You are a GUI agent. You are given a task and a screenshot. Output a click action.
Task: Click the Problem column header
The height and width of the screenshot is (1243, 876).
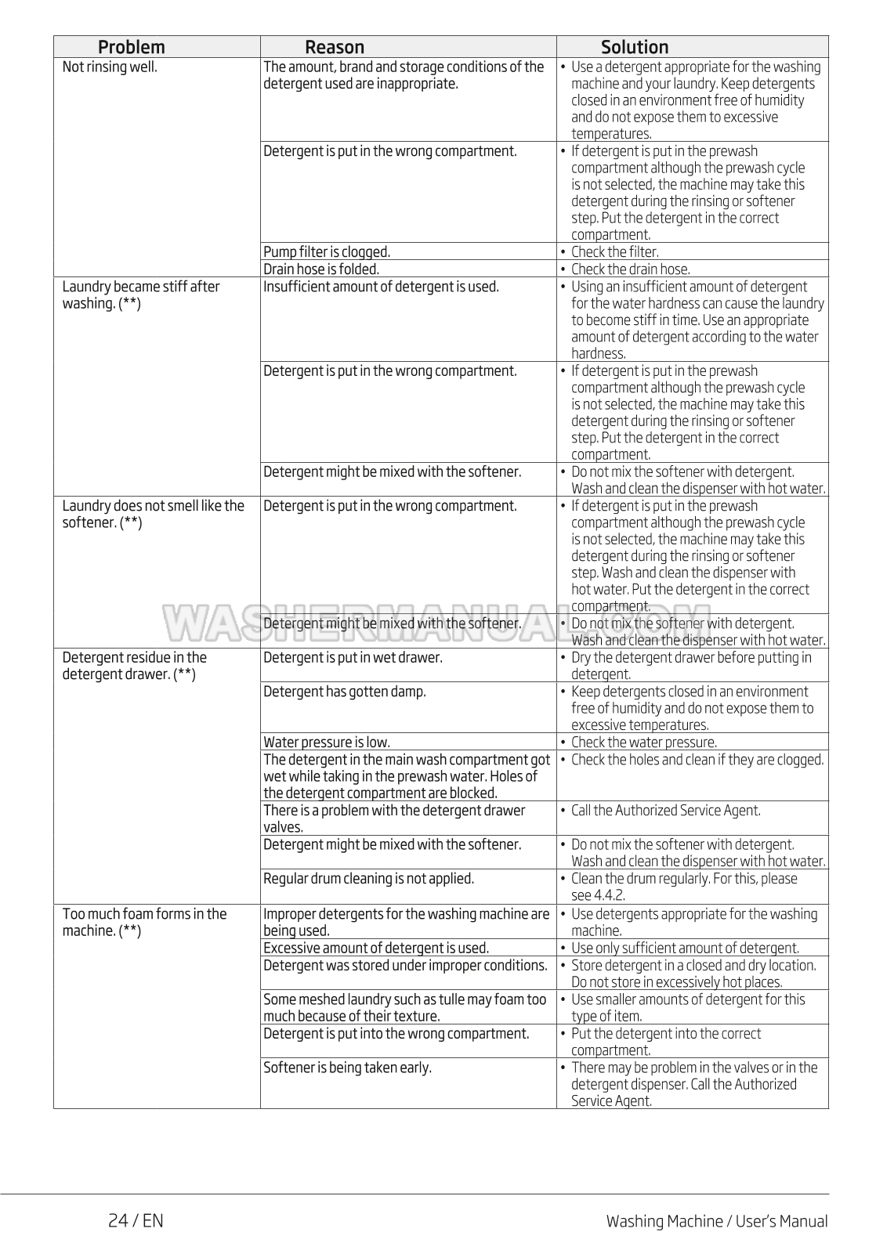click(131, 47)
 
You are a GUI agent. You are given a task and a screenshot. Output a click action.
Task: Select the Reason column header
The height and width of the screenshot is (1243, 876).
click(335, 47)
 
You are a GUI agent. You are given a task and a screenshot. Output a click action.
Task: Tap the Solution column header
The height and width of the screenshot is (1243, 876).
click(635, 47)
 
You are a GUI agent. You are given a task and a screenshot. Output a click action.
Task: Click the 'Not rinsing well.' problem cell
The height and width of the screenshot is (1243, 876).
click(110, 67)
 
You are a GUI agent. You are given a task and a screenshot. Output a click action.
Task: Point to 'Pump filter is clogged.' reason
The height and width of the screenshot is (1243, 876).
click(327, 251)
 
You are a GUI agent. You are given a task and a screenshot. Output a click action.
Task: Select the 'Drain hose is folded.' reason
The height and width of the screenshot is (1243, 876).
click(321, 269)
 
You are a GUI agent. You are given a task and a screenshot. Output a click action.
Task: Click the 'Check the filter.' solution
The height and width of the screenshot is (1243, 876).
click(614, 251)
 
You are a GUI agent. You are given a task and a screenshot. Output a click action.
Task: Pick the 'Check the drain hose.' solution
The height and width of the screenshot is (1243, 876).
click(630, 269)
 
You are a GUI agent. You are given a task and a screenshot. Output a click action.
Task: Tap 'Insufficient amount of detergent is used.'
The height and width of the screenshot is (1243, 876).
click(381, 287)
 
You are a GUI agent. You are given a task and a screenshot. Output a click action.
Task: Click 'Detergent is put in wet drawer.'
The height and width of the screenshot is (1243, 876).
click(353, 657)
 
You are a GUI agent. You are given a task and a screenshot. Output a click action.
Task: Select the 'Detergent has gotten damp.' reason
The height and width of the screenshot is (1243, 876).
click(345, 692)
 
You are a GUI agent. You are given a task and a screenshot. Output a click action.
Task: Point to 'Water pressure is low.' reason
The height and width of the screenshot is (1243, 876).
click(327, 742)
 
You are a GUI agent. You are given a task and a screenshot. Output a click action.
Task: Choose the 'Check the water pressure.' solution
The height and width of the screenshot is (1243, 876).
click(643, 742)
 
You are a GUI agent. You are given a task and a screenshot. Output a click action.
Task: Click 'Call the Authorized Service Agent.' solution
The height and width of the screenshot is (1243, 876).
click(665, 810)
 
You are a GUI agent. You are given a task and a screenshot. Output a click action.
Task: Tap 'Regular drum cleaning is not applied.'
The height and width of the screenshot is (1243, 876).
click(368, 878)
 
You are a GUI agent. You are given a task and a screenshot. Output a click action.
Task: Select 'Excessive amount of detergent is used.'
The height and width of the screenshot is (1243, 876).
click(376, 948)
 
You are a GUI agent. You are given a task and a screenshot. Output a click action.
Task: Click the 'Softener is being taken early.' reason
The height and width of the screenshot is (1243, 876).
click(347, 1067)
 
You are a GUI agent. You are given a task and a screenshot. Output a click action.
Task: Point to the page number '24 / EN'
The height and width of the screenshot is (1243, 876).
click(136, 1220)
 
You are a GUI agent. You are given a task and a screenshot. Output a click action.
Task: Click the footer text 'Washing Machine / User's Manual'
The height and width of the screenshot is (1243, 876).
click(716, 1221)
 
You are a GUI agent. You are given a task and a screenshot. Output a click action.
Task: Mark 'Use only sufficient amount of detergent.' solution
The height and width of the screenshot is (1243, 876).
click(685, 948)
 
